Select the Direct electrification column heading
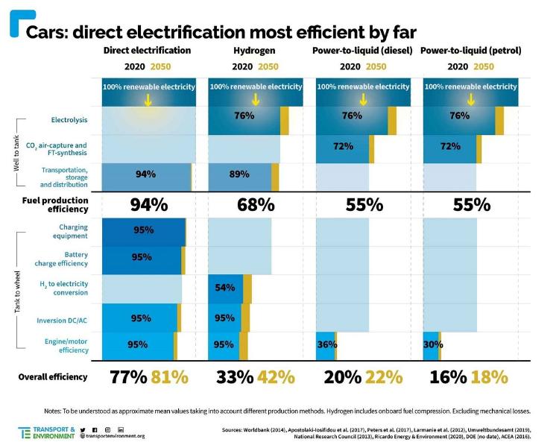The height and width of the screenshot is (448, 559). point(148,51)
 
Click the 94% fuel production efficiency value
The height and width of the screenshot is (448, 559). point(149,204)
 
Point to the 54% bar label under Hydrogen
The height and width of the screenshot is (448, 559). point(224,288)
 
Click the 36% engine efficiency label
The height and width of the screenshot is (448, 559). point(327,344)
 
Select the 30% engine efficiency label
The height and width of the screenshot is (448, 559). point(433,344)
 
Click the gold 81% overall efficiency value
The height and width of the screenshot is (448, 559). point(170,377)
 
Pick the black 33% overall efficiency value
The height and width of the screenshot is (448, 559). point(235,377)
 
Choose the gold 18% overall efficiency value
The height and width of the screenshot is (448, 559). point(490,377)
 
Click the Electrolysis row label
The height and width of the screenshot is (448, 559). point(69,119)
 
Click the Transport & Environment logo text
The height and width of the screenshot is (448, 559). point(56,432)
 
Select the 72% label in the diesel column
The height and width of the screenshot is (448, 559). point(344,146)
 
